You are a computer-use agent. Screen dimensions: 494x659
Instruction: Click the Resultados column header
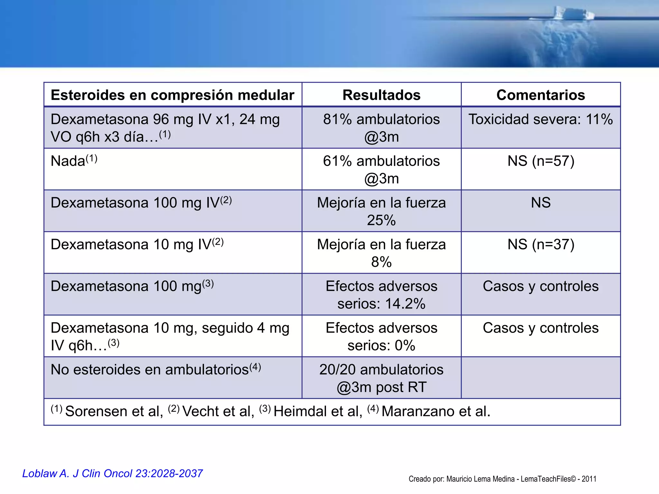(381, 95)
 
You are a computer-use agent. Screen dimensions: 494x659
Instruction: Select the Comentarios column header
(541, 95)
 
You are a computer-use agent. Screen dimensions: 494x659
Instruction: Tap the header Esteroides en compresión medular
(172, 95)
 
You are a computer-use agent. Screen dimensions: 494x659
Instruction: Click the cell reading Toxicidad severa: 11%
(541, 119)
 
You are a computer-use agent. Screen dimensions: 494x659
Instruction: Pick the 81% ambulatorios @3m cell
(381, 128)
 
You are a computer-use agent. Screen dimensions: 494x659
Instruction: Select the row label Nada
(68, 161)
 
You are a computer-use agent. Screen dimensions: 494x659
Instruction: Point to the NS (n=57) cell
(541, 161)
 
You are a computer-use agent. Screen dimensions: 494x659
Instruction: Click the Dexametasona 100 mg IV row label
(135, 203)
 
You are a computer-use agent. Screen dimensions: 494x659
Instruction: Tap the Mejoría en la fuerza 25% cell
(381, 211)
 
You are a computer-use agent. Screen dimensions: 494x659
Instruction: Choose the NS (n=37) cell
(541, 244)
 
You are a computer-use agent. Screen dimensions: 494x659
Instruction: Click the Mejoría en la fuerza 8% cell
(381, 253)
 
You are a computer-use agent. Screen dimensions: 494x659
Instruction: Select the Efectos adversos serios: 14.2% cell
(381, 295)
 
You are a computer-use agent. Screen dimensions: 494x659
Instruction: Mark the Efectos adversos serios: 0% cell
(381, 336)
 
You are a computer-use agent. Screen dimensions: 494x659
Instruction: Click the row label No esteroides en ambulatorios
(150, 370)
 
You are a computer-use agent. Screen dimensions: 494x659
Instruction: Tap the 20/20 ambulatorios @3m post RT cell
(381, 378)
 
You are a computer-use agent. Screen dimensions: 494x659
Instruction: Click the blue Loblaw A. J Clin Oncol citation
(112, 473)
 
